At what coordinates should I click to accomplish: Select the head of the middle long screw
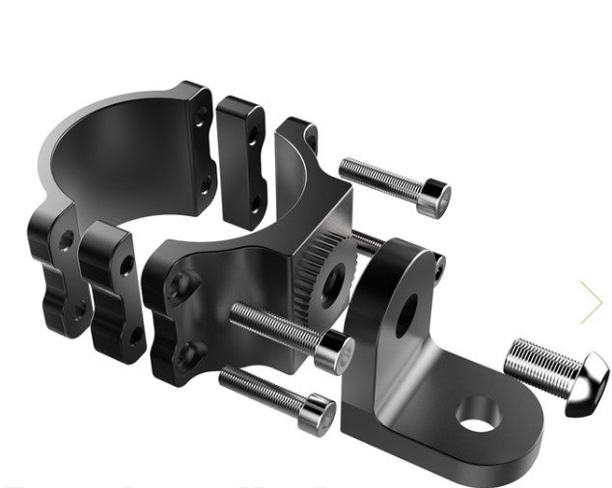[335, 351]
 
